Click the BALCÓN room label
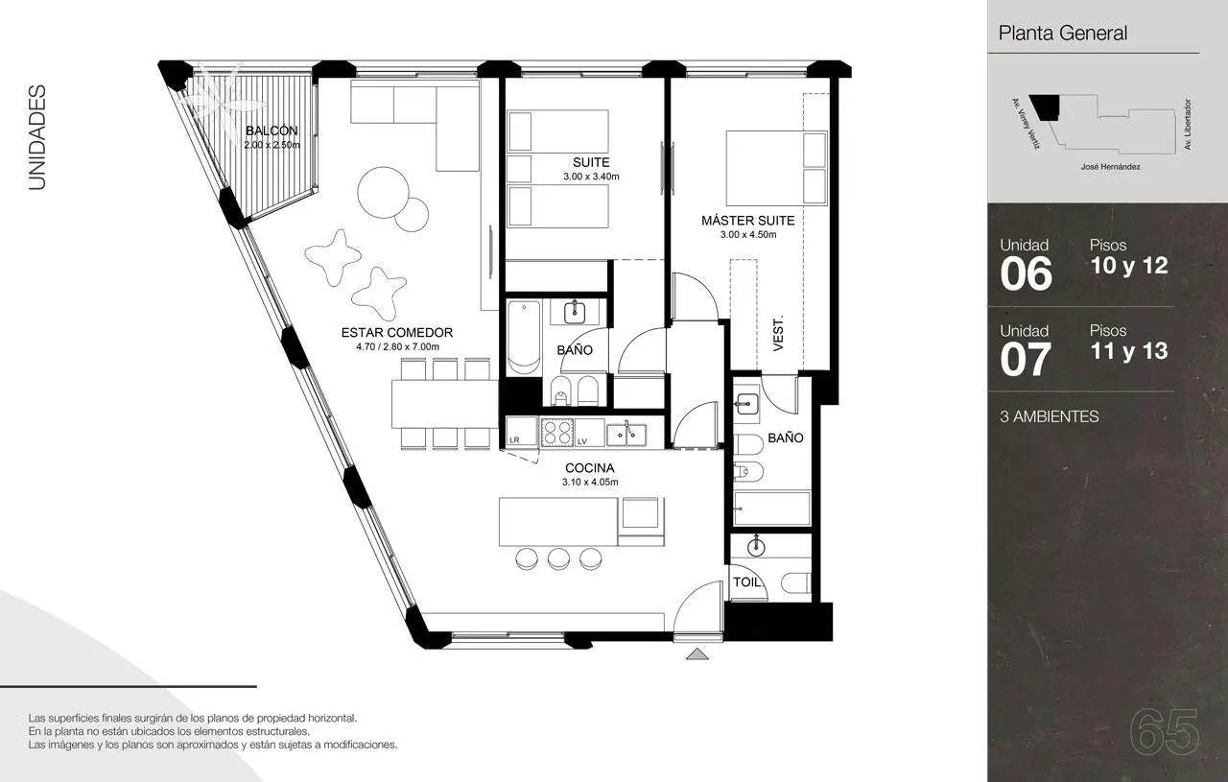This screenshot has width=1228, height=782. tap(272, 131)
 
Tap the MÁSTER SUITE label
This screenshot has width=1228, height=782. tap(747, 221)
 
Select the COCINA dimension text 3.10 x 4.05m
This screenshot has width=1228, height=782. tap(590, 482)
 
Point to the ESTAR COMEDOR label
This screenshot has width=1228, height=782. tap(397, 332)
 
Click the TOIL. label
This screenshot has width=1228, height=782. tap(748, 582)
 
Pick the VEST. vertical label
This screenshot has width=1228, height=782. tap(778, 333)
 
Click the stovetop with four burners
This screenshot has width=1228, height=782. tap(557, 432)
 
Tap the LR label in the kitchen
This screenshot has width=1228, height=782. tap(514, 439)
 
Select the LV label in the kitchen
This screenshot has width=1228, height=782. tap(582, 441)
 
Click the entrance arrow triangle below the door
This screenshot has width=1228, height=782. tap(697, 653)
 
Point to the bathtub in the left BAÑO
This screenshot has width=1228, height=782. tap(524, 337)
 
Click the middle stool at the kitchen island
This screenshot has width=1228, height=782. tap(558, 558)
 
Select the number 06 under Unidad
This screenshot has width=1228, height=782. tap(1026, 273)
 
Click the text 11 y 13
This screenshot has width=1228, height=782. tap(1129, 351)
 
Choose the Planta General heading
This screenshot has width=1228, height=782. tap(1062, 33)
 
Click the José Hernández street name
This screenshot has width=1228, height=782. tap(1111, 167)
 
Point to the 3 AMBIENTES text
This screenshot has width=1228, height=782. tap(1050, 416)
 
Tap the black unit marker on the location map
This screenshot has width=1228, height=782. tap(1046, 107)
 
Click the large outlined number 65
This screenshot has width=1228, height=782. tap(1164, 733)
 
